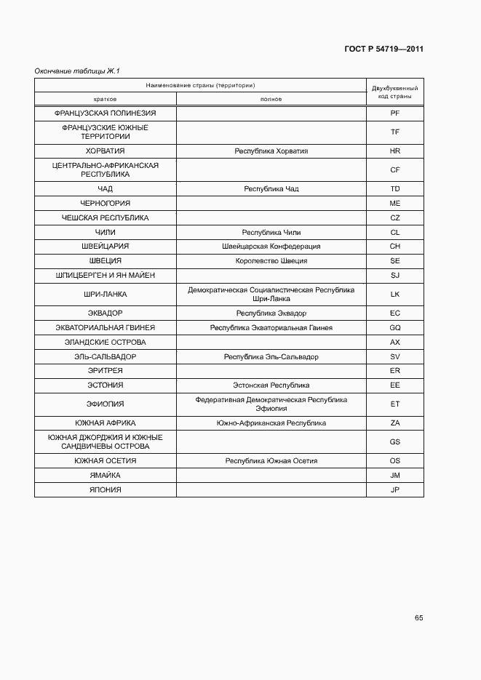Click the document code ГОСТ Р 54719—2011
(383, 49)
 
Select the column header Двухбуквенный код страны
(394, 92)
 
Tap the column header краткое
(105, 99)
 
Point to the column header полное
(271, 99)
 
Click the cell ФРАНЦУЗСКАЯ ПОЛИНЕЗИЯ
(105, 113)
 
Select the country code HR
(395, 151)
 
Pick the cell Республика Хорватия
(271, 151)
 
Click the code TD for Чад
(395, 189)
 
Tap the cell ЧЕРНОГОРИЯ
(105, 204)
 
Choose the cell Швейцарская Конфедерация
(271, 247)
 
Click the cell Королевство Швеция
(271, 261)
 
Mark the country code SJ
(395, 276)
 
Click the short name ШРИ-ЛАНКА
(105, 295)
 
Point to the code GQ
(395, 328)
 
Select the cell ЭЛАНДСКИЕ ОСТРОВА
(105, 343)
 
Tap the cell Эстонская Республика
(271, 385)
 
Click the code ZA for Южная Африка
(395, 423)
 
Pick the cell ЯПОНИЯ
(105, 490)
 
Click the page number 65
(418, 618)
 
